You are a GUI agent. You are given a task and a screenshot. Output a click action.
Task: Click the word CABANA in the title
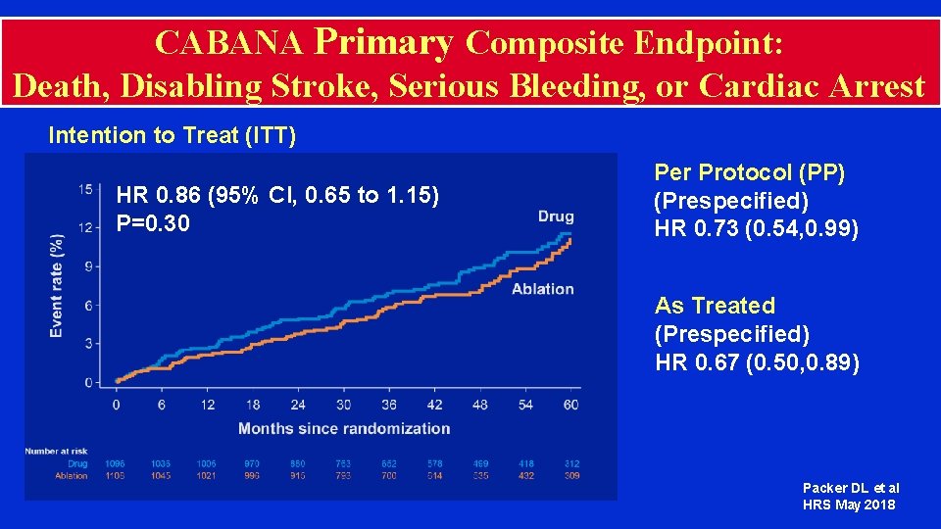tap(229, 42)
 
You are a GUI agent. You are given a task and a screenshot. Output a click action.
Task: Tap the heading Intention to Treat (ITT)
tap(172, 135)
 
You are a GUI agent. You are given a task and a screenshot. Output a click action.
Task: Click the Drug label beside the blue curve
tap(556, 216)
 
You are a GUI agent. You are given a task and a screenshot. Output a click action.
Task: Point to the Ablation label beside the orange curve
tap(542, 288)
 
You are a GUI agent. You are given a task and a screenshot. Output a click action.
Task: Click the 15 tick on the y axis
tap(86, 189)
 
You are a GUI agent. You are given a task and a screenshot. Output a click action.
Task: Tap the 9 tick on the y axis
tap(88, 265)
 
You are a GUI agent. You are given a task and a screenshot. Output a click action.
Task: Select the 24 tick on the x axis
tap(298, 405)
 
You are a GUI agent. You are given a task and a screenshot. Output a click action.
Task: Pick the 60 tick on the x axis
tap(571, 405)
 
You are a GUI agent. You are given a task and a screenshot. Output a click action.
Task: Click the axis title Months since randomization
tap(344, 428)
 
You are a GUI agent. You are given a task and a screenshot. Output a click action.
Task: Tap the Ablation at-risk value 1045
tap(162, 476)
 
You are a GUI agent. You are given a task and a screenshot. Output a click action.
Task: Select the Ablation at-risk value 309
tap(571, 476)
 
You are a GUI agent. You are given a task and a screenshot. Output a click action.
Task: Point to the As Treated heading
tap(715, 306)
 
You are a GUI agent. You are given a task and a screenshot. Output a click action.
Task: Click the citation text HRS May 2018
tap(849, 505)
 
